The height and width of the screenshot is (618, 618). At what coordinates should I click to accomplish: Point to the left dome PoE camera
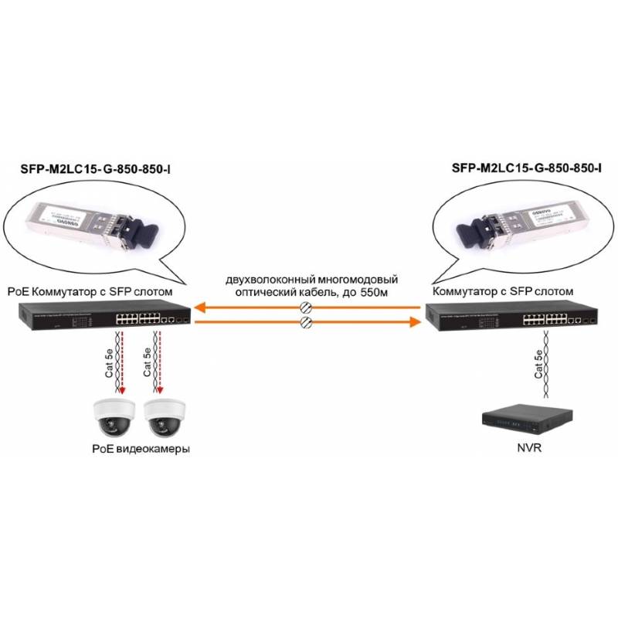[113, 418]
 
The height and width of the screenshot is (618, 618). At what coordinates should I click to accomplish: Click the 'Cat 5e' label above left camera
[108, 362]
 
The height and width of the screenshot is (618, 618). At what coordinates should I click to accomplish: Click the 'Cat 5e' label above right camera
[147, 362]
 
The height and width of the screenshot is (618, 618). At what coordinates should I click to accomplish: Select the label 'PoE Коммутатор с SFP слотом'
[89, 292]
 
